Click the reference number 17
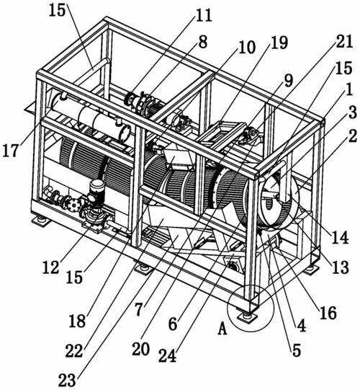(x=10, y=151)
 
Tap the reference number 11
(x=204, y=15)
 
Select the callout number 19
(x=279, y=43)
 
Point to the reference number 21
(x=344, y=41)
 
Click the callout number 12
(x=51, y=267)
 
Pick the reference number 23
(x=67, y=381)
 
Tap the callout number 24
(x=168, y=356)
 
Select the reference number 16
(x=328, y=313)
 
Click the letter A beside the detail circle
(x=222, y=329)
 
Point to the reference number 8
(x=203, y=43)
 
